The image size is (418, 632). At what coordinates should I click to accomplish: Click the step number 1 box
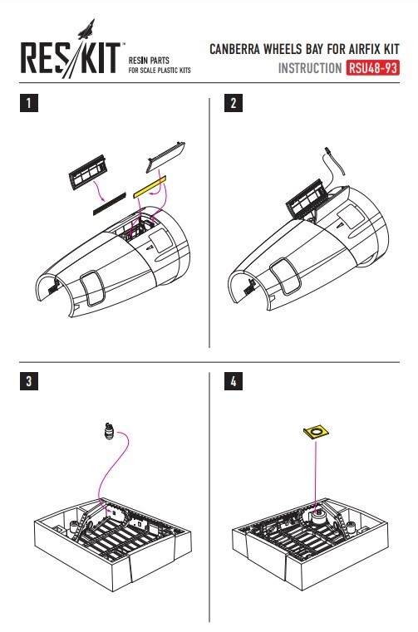coord(28,103)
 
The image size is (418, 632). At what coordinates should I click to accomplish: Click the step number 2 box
coord(234,103)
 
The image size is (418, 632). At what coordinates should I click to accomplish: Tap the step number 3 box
coord(28,381)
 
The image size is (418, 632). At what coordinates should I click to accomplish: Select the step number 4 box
coord(234,381)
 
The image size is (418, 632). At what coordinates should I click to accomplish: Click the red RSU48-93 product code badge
coord(372,68)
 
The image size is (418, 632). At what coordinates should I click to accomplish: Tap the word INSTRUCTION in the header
coord(310,68)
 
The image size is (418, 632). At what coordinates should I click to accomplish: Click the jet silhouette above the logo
coord(86,29)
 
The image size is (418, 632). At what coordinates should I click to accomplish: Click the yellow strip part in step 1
coord(150,186)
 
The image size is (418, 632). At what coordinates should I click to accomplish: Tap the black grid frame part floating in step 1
coord(87,172)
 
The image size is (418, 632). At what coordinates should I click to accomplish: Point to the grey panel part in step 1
coord(166,157)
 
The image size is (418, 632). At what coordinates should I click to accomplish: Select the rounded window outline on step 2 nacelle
coord(285,277)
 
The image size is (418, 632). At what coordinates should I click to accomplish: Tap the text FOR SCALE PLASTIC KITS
coord(160,70)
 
